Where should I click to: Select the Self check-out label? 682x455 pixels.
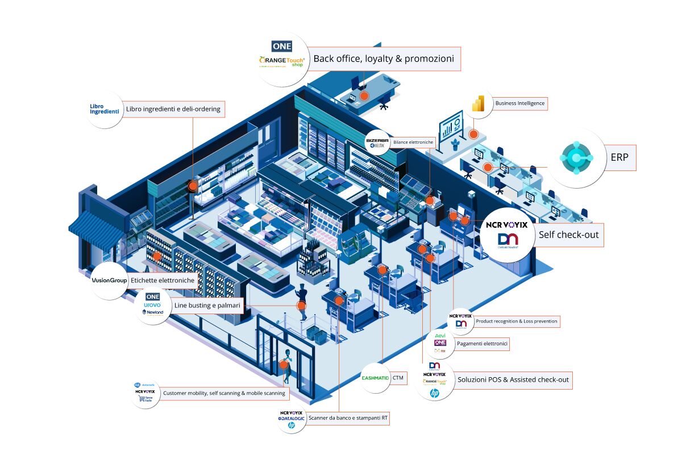pyautogui.click(x=568, y=235)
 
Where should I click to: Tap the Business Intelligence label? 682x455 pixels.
pyautogui.click(x=520, y=103)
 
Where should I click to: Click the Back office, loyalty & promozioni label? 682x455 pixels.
pyautogui.click(x=384, y=59)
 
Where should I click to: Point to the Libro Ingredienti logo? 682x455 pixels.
pyautogui.click(x=105, y=108)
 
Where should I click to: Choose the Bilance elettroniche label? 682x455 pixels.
pyautogui.click(x=413, y=142)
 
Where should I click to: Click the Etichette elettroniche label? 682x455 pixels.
pyautogui.click(x=163, y=280)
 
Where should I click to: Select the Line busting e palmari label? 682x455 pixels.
pyautogui.click(x=207, y=306)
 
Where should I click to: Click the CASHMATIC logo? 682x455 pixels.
pyautogui.click(x=375, y=377)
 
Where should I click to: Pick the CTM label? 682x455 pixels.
pyautogui.click(x=398, y=377)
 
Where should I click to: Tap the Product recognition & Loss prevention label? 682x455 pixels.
pyautogui.click(x=517, y=322)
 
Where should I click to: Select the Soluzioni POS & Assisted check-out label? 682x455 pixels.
pyautogui.click(x=513, y=379)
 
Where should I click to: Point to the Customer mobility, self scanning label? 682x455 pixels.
pyautogui.click(x=224, y=393)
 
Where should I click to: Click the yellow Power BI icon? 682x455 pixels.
pyautogui.click(x=477, y=103)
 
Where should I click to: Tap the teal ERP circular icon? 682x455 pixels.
pyautogui.click(x=576, y=157)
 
